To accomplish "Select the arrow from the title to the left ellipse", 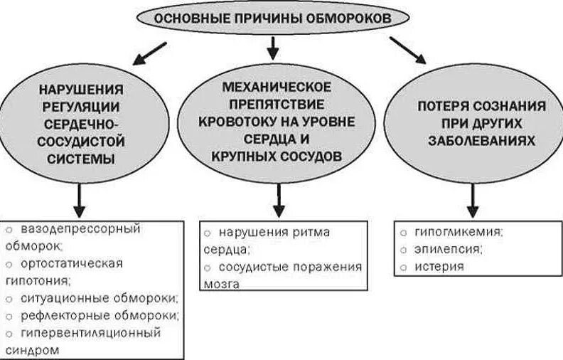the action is coord(151,52).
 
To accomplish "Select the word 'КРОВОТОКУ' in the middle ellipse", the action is coord(235,121).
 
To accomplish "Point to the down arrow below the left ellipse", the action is coord(80,203).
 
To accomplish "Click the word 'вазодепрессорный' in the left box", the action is coord(81,229).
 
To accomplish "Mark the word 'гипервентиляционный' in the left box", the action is coord(91,332).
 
